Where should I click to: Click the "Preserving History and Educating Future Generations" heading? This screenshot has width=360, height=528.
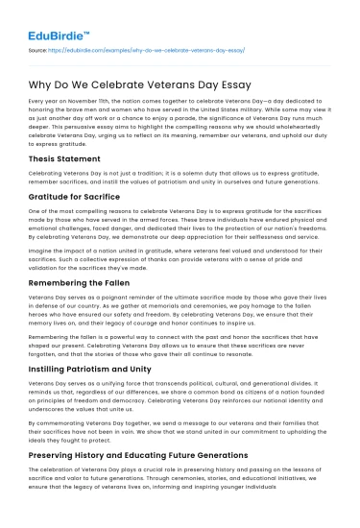158,457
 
